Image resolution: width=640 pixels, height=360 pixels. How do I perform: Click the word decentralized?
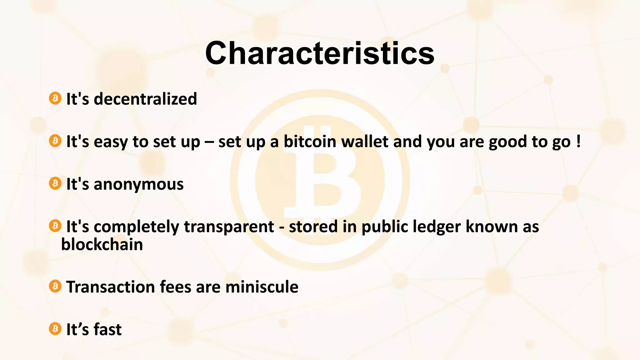pyautogui.click(x=145, y=99)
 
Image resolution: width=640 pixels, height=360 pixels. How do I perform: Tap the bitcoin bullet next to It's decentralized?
pyautogui.click(x=55, y=98)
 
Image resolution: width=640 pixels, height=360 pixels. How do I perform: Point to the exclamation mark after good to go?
pyautogui.click(x=578, y=142)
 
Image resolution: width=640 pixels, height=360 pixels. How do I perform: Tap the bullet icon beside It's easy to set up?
pyautogui.click(x=55, y=141)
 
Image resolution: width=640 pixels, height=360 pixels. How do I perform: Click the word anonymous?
pyautogui.click(x=138, y=184)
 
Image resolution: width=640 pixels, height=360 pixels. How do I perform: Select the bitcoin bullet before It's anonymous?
pyautogui.click(x=55, y=183)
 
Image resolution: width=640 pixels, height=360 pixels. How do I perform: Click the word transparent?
pyautogui.click(x=229, y=227)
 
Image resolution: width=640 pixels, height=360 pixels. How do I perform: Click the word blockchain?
pyautogui.click(x=102, y=245)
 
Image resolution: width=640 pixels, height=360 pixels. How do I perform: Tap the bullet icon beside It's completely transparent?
pyautogui.click(x=55, y=226)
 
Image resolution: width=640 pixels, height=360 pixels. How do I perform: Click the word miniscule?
pyautogui.click(x=262, y=287)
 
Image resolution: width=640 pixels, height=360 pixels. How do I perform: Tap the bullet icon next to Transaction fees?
pyautogui.click(x=55, y=286)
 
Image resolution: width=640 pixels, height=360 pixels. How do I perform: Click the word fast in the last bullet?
pyautogui.click(x=107, y=329)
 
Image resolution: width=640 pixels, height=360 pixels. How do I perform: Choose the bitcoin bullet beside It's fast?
pyautogui.click(x=55, y=329)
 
